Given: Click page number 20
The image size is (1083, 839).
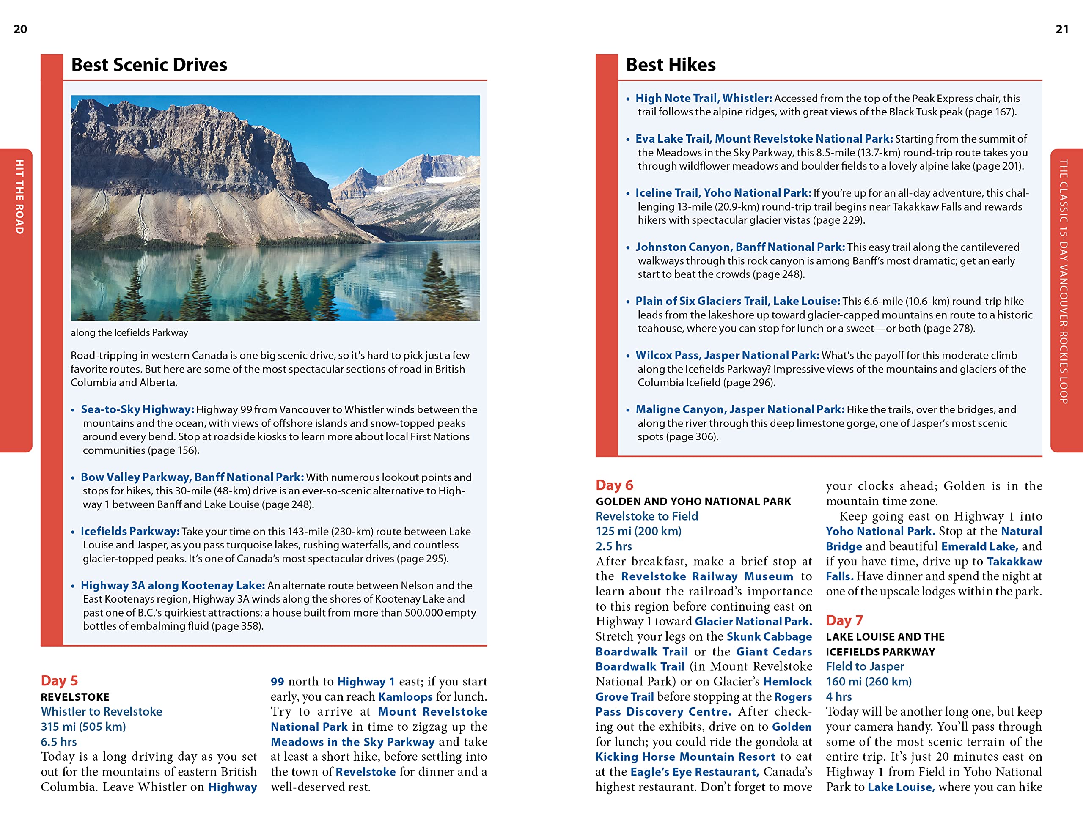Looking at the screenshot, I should pyautogui.click(x=20, y=29).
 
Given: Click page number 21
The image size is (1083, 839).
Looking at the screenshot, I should pyautogui.click(x=1062, y=29).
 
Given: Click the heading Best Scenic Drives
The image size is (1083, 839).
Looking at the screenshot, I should pyautogui.click(x=149, y=65).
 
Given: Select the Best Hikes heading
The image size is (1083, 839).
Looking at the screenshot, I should pyautogui.click(x=671, y=65).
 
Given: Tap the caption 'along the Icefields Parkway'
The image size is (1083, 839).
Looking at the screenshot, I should pyautogui.click(x=129, y=332).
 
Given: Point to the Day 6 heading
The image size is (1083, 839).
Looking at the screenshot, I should pyautogui.click(x=614, y=485).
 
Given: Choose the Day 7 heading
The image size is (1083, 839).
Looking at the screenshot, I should pyautogui.click(x=844, y=620).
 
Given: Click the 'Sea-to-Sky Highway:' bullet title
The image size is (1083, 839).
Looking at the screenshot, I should pyautogui.click(x=137, y=409).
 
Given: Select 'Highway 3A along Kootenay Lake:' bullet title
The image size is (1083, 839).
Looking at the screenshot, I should pyautogui.click(x=173, y=585).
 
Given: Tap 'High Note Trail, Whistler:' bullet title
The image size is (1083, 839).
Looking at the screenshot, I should pyautogui.click(x=704, y=99).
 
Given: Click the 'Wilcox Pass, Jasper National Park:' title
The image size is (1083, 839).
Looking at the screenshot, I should pyautogui.click(x=727, y=355).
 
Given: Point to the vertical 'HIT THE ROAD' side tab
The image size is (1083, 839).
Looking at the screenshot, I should pyautogui.click(x=19, y=197).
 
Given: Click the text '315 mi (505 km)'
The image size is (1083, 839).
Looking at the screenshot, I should pyautogui.click(x=83, y=727).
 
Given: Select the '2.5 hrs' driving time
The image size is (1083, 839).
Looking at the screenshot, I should pyautogui.click(x=614, y=546).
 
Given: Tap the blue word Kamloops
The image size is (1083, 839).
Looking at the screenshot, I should pyautogui.click(x=405, y=697).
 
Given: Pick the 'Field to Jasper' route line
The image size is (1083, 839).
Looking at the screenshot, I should pyautogui.click(x=865, y=666).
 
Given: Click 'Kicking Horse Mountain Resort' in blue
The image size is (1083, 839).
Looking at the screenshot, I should pyautogui.click(x=685, y=757).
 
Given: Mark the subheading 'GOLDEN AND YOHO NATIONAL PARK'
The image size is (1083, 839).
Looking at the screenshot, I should pyautogui.click(x=693, y=502).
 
